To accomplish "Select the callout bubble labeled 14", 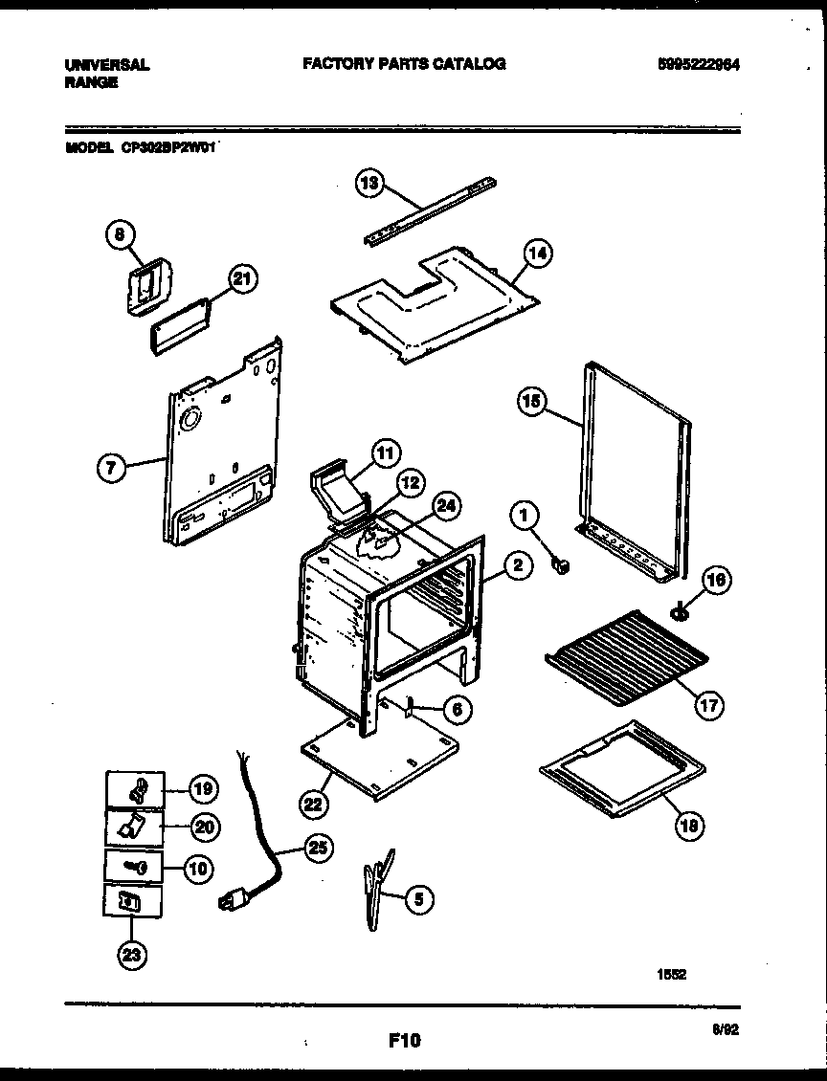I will [538, 254].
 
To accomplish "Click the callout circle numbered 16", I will [715, 581].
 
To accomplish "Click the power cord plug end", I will [231, 901].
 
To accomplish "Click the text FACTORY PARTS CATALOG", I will [404, 64].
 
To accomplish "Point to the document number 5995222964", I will [701, 64].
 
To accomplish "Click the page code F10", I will [405, 1040].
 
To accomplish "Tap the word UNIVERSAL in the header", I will [106, 65].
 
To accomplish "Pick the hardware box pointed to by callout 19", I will [133, 788].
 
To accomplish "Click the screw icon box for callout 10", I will [133, 867].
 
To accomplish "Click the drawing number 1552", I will [670, 975].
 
